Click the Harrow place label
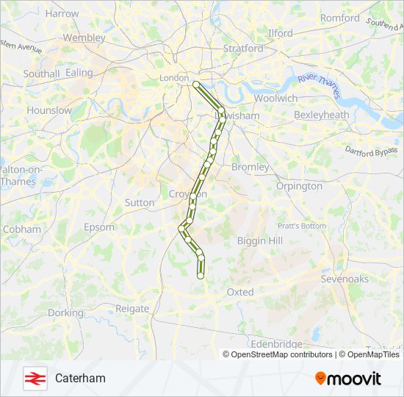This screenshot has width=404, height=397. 62,13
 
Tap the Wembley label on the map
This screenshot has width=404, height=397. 84,37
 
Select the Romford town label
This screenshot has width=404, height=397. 339,18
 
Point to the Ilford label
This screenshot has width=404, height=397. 280,33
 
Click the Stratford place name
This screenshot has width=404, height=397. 242,49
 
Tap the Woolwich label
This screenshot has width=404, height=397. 275,98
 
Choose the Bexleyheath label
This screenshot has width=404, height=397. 321,115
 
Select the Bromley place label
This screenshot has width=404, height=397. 250,167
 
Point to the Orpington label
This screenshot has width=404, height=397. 299,186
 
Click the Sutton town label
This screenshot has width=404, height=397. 140,202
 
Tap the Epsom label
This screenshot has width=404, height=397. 99,227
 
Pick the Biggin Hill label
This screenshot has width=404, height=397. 260,240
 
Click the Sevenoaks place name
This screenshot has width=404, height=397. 345,279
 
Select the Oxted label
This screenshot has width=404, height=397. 239,292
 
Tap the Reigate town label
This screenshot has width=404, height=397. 132,309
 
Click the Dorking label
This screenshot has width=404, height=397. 65,312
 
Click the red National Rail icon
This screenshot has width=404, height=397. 33,378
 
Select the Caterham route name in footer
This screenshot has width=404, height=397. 80,378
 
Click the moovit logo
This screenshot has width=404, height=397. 348,378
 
